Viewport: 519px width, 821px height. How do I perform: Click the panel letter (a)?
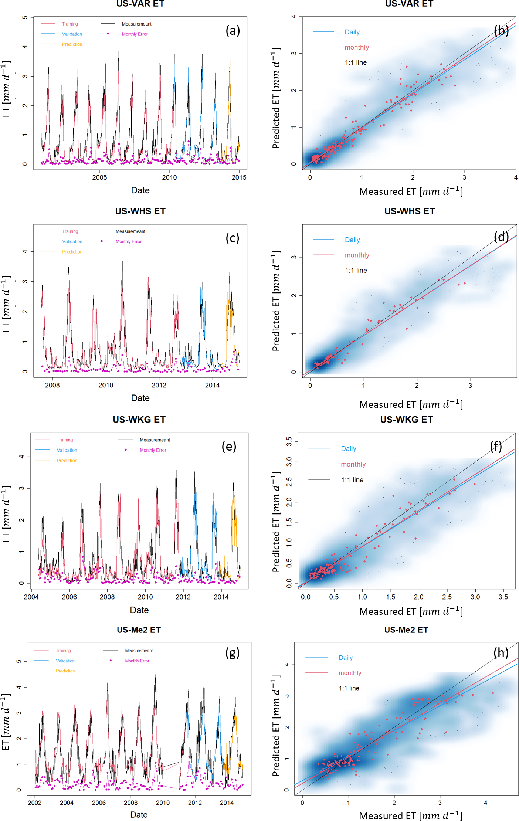point(233,30)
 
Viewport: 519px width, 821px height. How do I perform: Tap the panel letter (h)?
point(501,652)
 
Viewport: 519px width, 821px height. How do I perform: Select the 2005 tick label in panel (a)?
point(99,177)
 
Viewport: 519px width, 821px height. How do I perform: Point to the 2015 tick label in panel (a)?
point(239,177)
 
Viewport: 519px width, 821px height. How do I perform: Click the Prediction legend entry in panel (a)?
point(72,44)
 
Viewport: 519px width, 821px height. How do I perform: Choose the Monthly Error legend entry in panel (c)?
point(128,242)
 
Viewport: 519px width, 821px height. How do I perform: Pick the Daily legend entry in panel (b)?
point(352,32)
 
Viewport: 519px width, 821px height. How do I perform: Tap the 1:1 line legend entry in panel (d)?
point(356,271)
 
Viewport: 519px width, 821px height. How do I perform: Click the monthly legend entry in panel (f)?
point(353,464)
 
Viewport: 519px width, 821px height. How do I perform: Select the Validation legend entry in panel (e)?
point(67,450)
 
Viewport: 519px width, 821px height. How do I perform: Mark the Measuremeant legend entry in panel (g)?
point(139,651)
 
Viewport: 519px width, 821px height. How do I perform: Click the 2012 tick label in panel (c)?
point(159,385)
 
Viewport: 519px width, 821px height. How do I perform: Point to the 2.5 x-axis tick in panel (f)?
point(447,597)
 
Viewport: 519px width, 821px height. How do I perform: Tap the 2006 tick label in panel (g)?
point(99,803)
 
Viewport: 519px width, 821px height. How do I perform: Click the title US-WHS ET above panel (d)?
point(410,211)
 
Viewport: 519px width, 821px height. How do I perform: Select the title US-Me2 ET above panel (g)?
point(139,630)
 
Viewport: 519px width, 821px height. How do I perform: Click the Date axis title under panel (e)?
point(139,610)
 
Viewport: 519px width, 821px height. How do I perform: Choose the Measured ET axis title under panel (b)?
point(411,191)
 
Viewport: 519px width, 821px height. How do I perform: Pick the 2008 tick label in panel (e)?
point(107,597)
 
